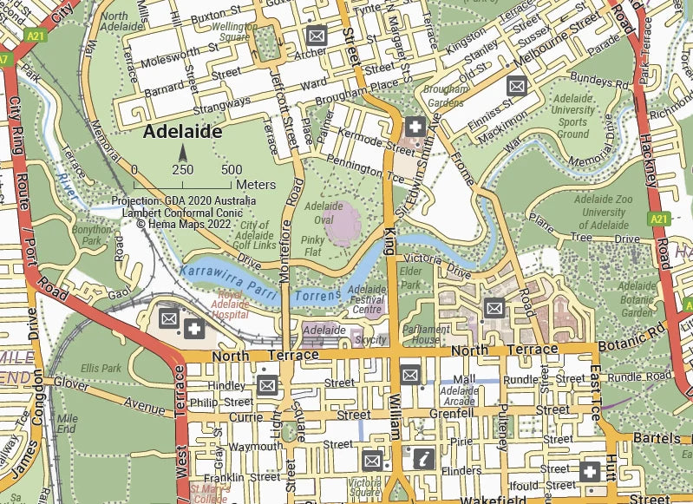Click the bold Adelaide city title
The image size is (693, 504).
pos(183,132)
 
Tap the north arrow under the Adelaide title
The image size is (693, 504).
pos(183,154)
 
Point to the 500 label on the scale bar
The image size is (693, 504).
pos(232,170)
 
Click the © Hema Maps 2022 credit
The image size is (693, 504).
pos(184,222)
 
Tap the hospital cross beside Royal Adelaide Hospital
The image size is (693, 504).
pos(193,327)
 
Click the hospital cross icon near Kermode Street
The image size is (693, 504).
pos(415,128)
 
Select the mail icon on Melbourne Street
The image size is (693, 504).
pos(517,86)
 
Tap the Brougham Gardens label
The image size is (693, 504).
pos(446,96)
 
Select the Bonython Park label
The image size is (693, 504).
pos(92,235)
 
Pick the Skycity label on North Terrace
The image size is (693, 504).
pos(371,340)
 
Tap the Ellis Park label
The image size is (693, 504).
pos(101,368)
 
